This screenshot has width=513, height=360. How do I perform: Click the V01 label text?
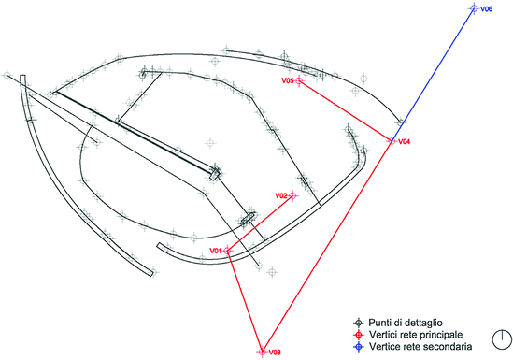tap(215, 251)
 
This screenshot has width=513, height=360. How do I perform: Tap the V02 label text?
tap(280, 194)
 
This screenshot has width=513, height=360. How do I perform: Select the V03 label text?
tap(275, 353)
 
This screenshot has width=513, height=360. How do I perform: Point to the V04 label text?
tap(405, 142)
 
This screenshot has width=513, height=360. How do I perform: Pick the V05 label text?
tap(288, 81)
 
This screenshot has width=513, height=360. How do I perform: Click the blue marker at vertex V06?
tap(473, 9)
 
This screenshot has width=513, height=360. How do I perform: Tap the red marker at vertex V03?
tap(261, 352)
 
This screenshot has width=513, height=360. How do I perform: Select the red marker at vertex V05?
tap(299, 82)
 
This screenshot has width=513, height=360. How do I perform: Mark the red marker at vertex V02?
tap(292, 195)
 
